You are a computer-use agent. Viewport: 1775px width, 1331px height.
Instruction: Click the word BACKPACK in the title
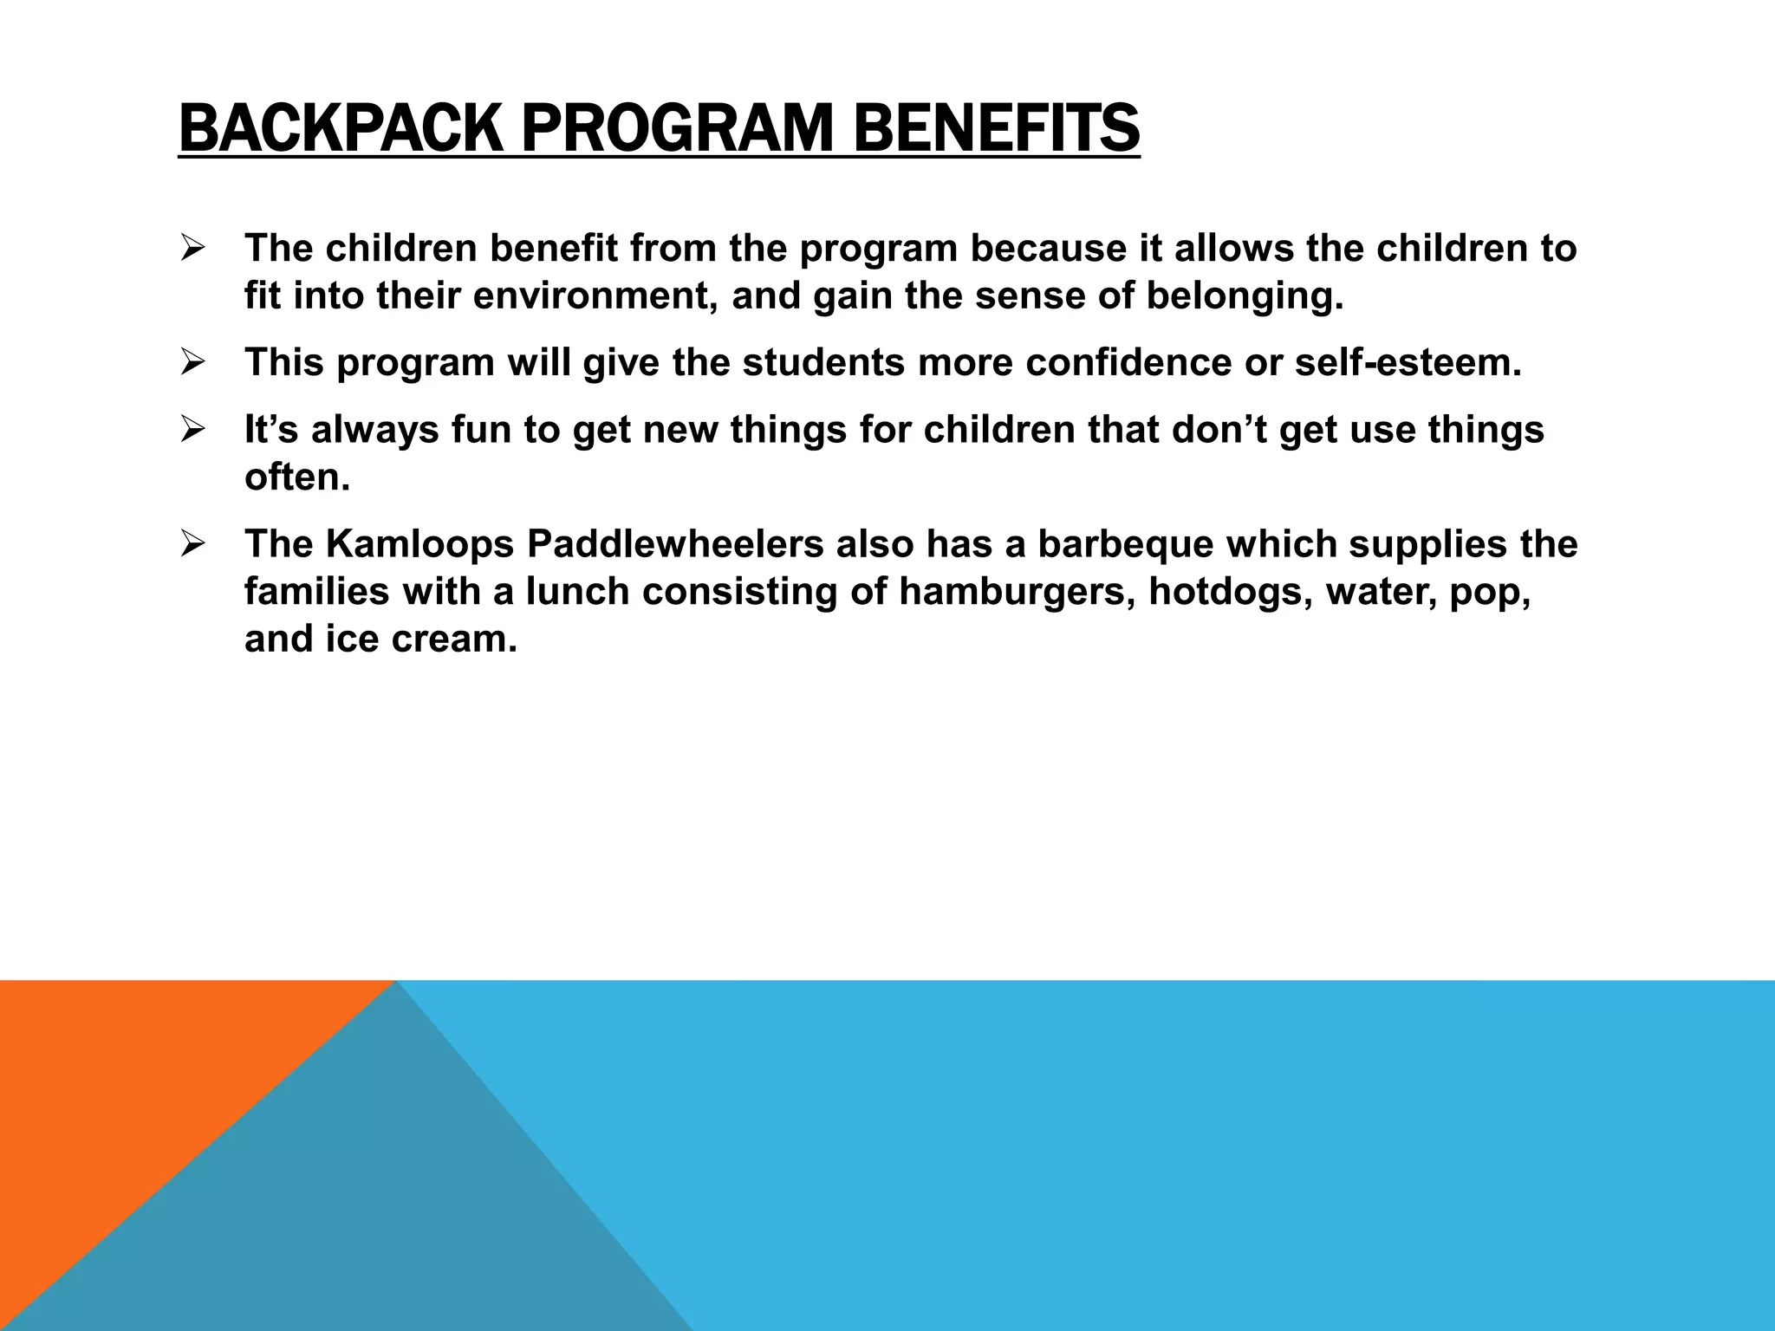tap(341, 128)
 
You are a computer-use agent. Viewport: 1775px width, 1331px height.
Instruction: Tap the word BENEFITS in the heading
tap(997, 128)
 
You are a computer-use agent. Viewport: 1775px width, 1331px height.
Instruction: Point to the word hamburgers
tap(1017, 592)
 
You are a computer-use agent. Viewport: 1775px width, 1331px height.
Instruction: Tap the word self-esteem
tap(1408, 362)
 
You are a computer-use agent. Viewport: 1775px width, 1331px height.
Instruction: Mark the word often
tap(296, 477)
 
